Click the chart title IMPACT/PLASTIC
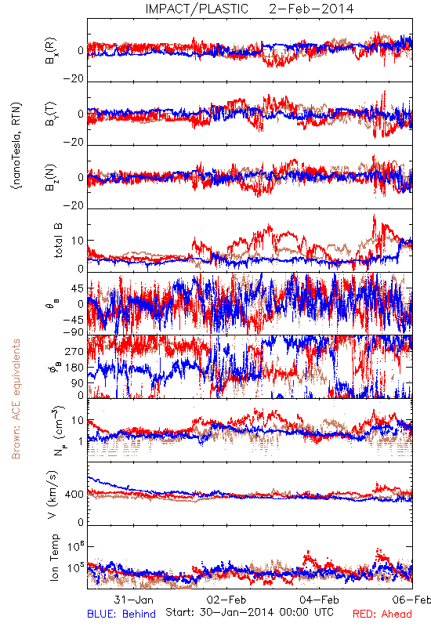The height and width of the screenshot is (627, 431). [x=197, y=9]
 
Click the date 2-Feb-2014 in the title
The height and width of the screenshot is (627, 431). [x=311, y=9]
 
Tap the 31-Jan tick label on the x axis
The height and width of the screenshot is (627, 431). [x=133, y=600]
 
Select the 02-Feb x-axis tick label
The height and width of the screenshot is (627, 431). [x=226, y=600]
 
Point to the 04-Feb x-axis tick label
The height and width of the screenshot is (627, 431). [x=319, y=600]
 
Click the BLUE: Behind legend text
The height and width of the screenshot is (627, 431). [x=121, y=614]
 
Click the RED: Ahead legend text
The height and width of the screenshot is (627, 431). [x=382, y=614]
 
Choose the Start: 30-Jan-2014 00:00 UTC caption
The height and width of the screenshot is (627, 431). [x=249, y=612]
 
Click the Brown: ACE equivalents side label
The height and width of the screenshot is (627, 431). [x=16, y=399]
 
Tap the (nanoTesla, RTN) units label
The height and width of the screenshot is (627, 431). [x=16, y=146]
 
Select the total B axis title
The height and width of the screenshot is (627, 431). [x=57, y=241]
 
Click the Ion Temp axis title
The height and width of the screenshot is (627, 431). [x=54, y=557]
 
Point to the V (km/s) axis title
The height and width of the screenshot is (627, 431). [x=53, y=495]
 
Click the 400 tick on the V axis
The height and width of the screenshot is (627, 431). [x=74, y=495]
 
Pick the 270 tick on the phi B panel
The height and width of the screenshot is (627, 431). [x=74, y=351]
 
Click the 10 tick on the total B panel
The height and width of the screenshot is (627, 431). [x=78, y=241]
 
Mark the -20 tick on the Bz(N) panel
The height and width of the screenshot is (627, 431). [x=74, y=205]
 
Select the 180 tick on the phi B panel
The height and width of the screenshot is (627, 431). [x=74, y=368]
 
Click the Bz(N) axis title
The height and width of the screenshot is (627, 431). [x=51, y=177]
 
